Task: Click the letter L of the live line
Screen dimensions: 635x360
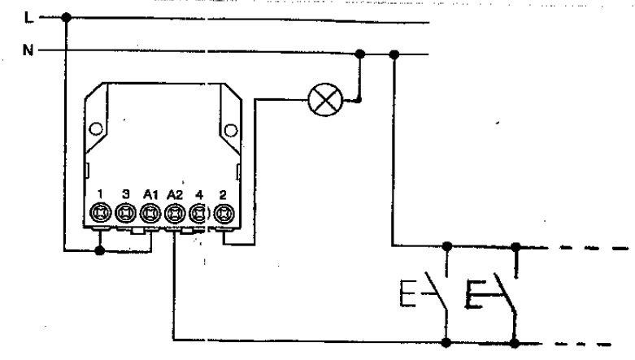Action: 28,18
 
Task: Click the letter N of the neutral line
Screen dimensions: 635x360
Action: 28,50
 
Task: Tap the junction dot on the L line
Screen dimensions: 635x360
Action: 66,17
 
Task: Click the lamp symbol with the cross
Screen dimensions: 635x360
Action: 325,100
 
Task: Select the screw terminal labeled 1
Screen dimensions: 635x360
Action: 101,213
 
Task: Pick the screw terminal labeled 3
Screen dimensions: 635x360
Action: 125,213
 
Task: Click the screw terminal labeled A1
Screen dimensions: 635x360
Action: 150,213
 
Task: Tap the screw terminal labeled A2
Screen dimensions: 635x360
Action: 175,213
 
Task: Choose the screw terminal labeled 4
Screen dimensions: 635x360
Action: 198,213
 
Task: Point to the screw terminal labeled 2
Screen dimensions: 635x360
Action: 224,213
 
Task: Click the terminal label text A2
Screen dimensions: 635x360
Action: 175,195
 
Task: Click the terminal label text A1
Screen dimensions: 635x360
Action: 150,195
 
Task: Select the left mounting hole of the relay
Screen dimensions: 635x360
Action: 96,128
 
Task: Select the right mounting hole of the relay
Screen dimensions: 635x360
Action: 231,130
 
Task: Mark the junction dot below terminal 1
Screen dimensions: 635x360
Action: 100,250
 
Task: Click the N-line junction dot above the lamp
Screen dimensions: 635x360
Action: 359,54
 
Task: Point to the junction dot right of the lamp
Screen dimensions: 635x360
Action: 358,100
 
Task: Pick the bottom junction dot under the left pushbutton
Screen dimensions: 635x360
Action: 446,343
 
